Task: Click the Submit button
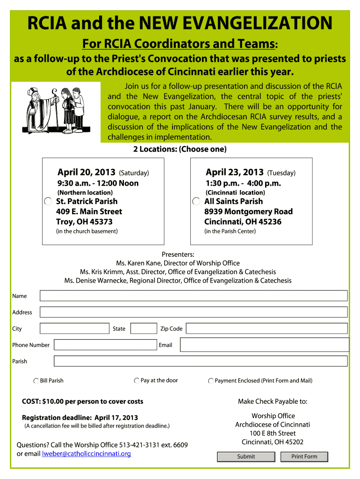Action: click(246, 457)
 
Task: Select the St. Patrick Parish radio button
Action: click(48, 202)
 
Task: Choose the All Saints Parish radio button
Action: click(196, 202)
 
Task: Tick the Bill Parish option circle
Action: click(36, 381)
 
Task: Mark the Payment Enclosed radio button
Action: click(211, 381)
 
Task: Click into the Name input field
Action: click(194, 296)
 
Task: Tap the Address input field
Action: click(194, 312)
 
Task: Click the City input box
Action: click(74, 328)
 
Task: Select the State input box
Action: click(144, 328)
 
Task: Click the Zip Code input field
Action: click(266, 328)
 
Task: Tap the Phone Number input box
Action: click(105, 345)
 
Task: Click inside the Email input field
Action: click(264, 345)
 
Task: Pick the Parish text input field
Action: click(201, 361)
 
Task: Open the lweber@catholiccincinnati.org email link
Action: click(86, 454)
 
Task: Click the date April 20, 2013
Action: click(86, 173)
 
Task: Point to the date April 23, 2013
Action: click(235, 173)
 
